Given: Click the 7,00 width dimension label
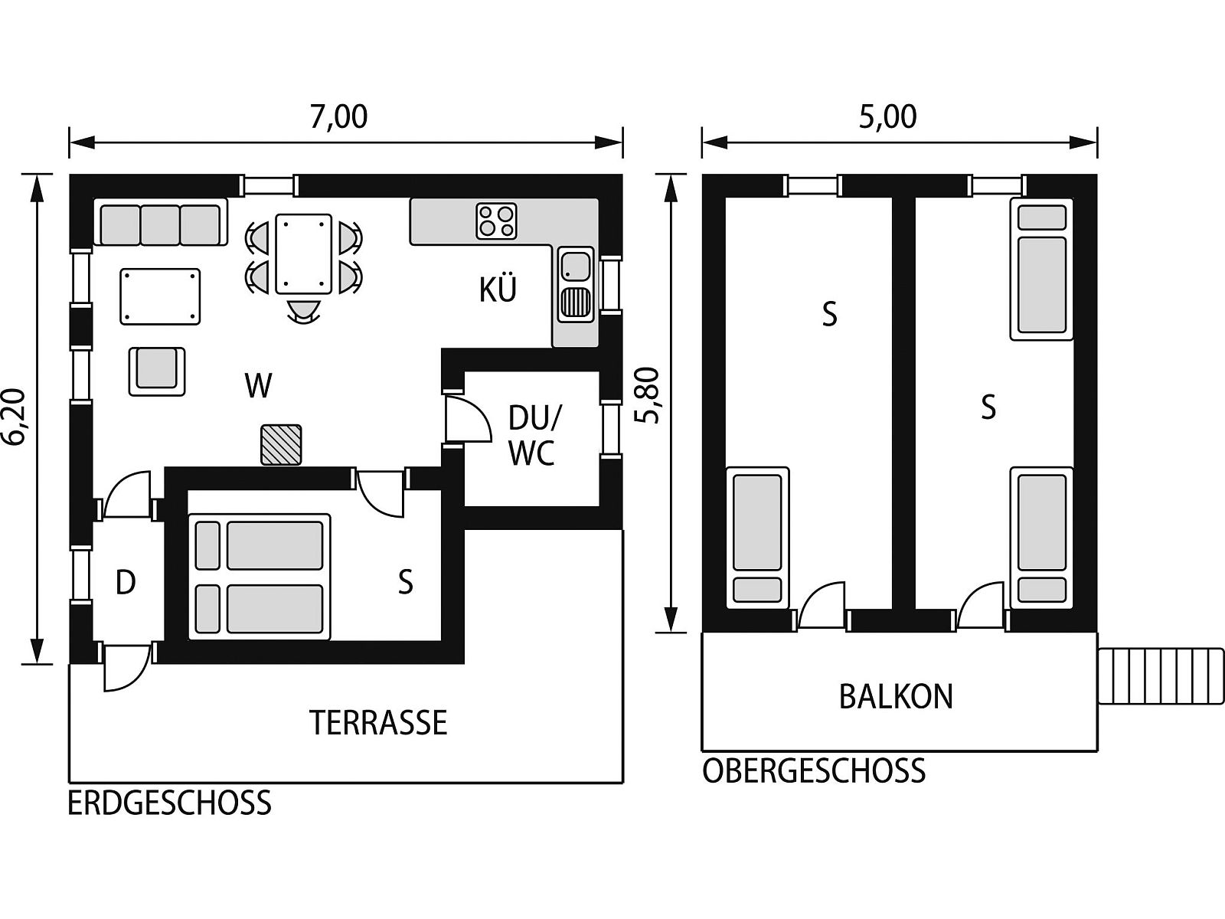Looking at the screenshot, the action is (x=338, y=117).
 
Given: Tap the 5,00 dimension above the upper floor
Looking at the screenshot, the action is (x=887, y=117).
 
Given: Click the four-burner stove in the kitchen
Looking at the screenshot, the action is (x=496, y=221).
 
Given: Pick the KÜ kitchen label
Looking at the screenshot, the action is (x=498, y=289).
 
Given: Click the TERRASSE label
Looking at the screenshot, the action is (x=378, y=723).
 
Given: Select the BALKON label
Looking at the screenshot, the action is (x=896, y=696).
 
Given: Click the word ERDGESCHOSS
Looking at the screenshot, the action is (x=170, y=803).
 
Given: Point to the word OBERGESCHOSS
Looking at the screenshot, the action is (x=814, y=770).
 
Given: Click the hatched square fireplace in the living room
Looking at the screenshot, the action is (x=281, y=445).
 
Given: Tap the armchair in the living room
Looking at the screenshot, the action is (x=157, y=371).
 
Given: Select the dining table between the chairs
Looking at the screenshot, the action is (x=304, y=254).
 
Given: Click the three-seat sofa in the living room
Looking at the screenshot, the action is (x=161, y=221).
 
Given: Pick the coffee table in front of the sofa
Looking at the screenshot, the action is (x=161, y=296).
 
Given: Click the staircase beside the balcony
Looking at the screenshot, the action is (x=1161, y=675).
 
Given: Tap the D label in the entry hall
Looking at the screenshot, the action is (x=126, y=583).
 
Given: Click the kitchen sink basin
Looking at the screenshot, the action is (x=576, y=267).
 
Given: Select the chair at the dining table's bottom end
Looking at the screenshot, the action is (x=304, y=311).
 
